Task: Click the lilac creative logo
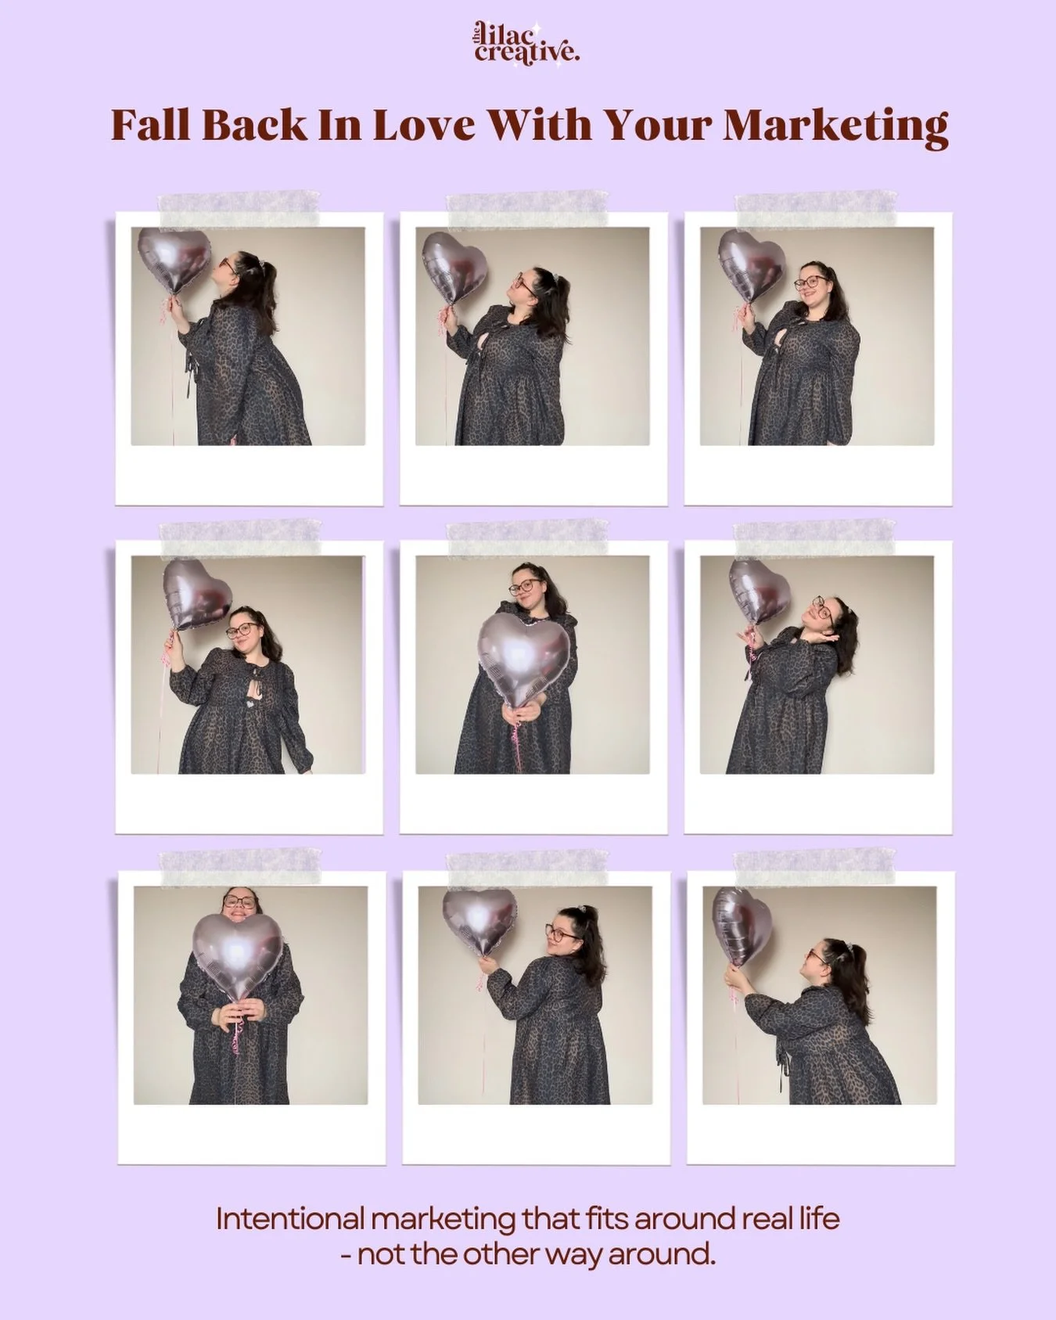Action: point(526,44)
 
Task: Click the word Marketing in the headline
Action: point(836,125)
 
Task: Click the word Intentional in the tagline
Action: point(287,1218)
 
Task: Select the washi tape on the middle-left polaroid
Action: point(239,534)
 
